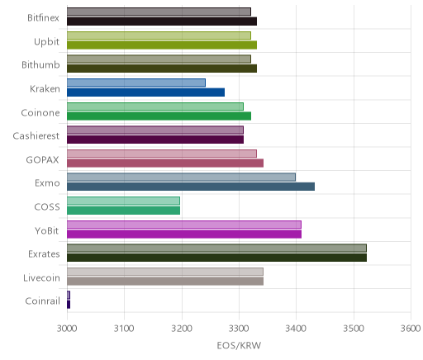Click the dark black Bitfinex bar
point(162,21)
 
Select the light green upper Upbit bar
point(159,36)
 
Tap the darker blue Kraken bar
point(145,92)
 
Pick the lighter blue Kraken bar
point(136,83)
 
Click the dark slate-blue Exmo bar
point(191,187)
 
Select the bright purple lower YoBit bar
point(184,234)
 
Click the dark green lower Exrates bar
point(216,258)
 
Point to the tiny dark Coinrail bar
point(69,305)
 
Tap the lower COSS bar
point(123,211)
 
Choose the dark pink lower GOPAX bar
point(165,163)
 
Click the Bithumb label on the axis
point(40,65)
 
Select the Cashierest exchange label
point(36,136)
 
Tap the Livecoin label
point(41,277)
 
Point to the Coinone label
point(40,112)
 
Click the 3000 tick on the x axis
point(67,329)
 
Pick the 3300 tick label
point(239,329)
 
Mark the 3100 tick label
point(124,329)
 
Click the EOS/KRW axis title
point(239,345)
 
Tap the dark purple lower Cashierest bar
point(155,140)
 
